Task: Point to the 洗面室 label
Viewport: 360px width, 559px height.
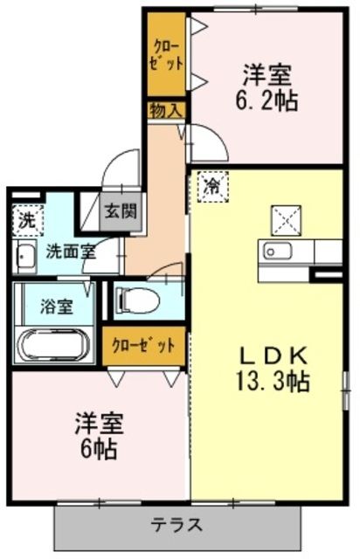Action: tap(69, 249)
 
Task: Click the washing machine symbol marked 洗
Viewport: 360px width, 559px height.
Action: tap(26, 219)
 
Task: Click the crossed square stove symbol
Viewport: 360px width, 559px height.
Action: tap(286, 216)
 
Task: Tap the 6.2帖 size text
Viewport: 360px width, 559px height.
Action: tap(267, 100)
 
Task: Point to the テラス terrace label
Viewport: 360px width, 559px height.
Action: tap(177, 527)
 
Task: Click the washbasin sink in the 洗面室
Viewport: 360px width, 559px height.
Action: tap(25, 256)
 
